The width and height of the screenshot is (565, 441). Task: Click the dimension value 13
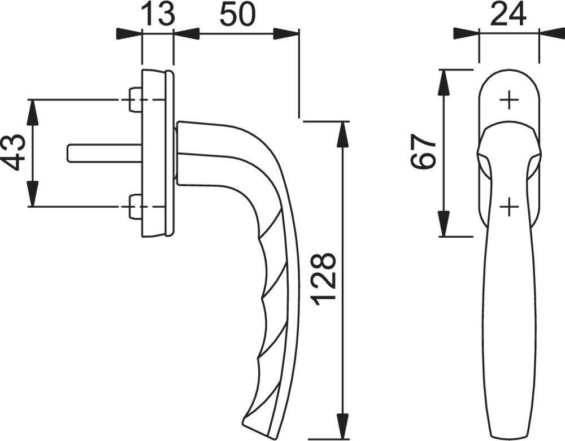click(158, 14)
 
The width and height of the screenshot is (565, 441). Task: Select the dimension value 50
click(237, 14)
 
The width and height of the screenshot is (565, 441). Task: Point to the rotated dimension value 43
click(15, 152)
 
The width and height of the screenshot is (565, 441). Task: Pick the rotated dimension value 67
click(424, 152)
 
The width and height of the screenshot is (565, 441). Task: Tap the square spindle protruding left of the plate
click(105, 152)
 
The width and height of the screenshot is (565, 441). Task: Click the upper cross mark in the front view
click(509, 100)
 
